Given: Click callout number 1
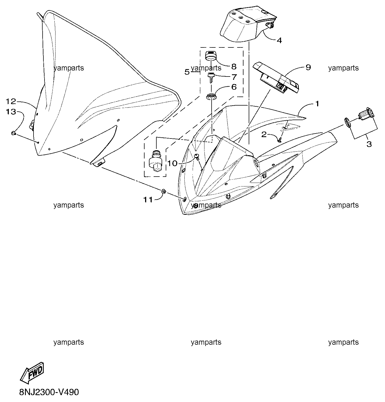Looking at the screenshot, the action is coord(317,103).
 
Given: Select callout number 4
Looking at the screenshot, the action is coord(279,41).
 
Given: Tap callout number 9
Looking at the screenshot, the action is coord(308,67).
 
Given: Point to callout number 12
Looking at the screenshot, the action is coord(11,101).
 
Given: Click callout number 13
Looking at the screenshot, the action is coord(11,112).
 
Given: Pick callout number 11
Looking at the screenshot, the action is coord(148,200).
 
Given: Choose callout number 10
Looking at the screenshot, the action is coord(172,163).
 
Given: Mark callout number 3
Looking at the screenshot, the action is coord(369,144).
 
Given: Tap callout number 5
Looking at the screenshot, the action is coord(187,72).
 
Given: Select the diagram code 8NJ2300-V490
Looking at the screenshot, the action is coord(49,392).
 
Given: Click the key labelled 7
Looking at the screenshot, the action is coord(210,78).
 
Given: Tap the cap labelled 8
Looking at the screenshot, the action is coord(210,56).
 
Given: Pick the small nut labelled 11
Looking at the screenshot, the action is coord(164,191).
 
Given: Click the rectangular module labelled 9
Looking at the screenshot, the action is coord(276,78).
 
